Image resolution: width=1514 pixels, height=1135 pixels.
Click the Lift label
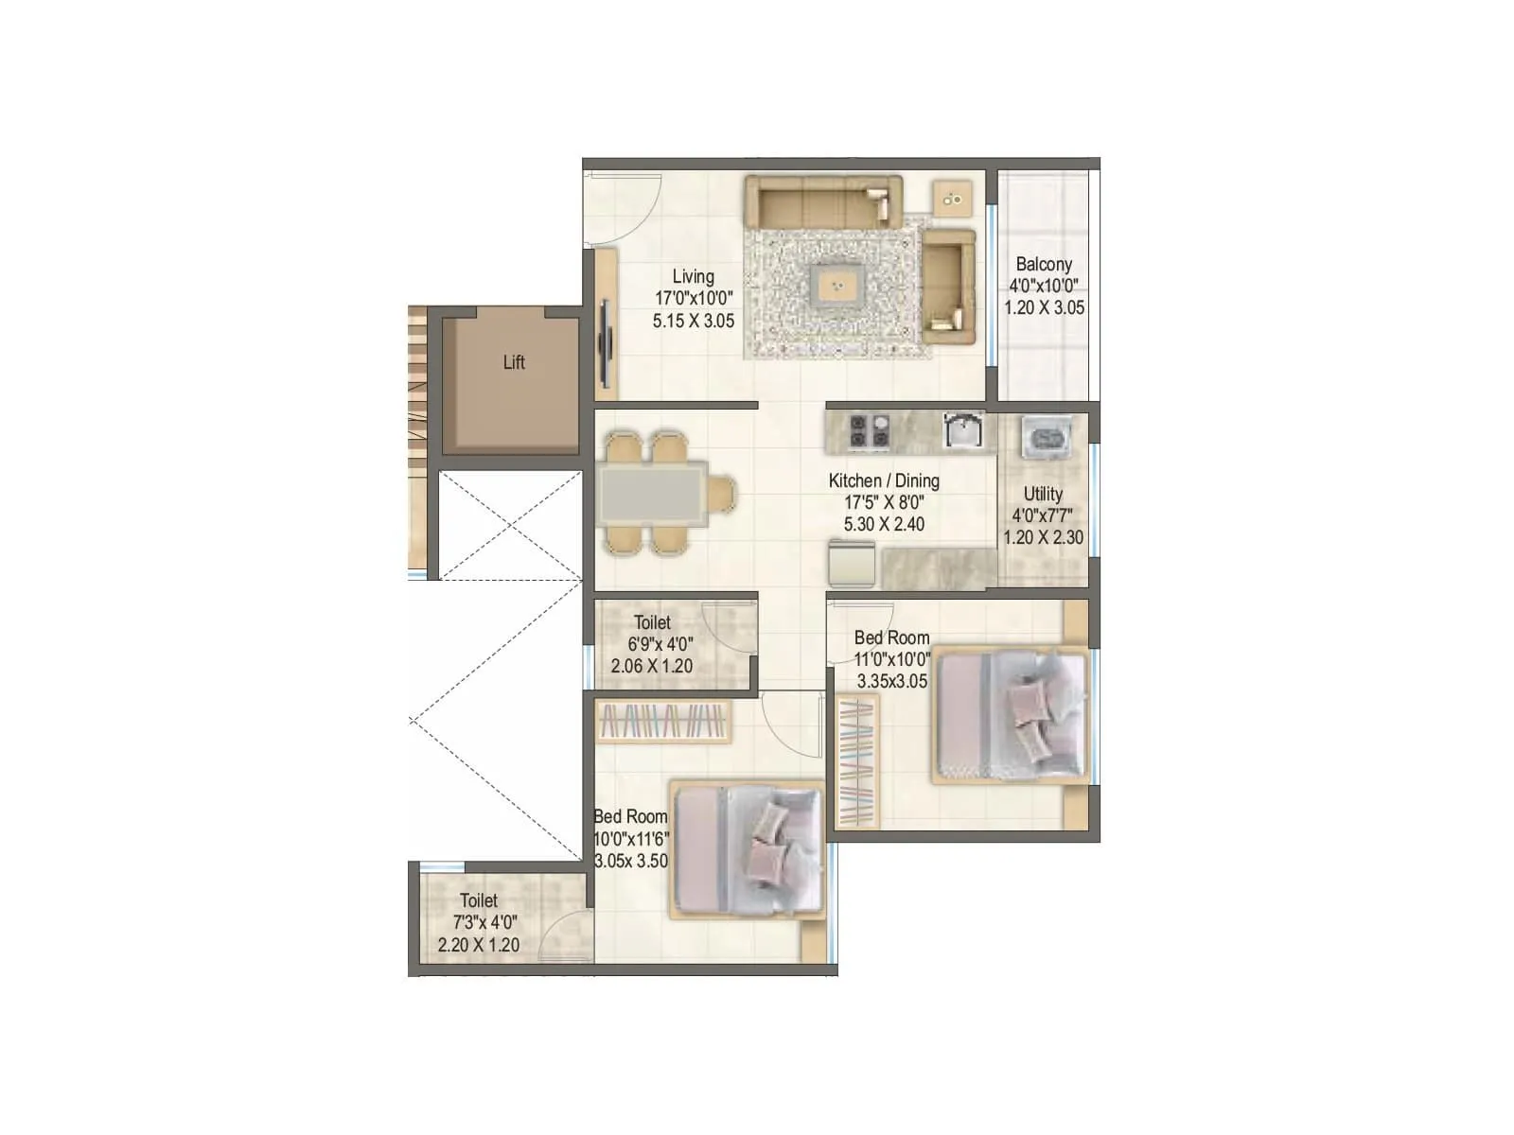tap(514, 362)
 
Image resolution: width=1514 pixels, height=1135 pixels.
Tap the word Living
tap(693, 277)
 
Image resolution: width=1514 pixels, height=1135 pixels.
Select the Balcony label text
tap(1044, 265)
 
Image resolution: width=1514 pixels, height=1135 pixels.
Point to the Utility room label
tap(1043, 494)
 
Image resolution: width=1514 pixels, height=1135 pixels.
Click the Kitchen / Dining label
tap(884, 480)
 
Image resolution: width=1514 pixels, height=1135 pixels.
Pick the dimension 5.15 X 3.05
tap(693, 321)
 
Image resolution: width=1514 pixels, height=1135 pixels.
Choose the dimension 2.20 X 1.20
tap(479, 944)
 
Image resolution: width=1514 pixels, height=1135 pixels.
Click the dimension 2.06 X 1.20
tap(651, 666)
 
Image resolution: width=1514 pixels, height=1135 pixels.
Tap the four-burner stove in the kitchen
tap(870, 430)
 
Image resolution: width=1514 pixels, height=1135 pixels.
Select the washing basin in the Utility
tap(1046, 438)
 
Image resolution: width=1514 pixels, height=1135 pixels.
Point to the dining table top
tap(652, 493)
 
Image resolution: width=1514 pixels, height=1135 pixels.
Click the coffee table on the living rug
tap(836, 283)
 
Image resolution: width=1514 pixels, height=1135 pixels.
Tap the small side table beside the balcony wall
tap(952, 199)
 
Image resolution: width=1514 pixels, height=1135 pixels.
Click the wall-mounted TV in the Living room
tap(606, 340)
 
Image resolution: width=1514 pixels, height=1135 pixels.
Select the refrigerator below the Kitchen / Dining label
tap(852, 565)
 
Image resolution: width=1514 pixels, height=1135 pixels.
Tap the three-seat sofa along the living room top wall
tap(821, 201)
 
